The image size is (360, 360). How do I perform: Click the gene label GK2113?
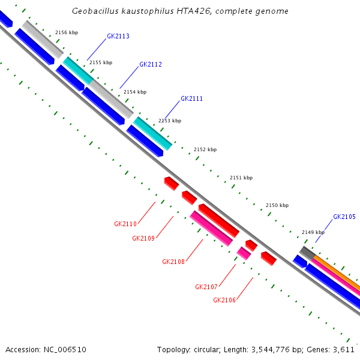click(x=118, y=36)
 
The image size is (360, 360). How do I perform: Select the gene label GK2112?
click(x=151, y=64)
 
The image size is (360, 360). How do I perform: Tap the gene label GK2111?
click(x=191, y=98)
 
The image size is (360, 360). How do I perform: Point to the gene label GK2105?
click(x=344, y=217)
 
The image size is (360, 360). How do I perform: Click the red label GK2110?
click(x=125, y=224)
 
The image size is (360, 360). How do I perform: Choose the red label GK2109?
click(x=143, y=238)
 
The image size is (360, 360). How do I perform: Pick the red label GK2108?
click(x=173, y=262)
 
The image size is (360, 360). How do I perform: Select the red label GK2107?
click(x=206, y=287)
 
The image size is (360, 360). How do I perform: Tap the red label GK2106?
click(x=224, y=300)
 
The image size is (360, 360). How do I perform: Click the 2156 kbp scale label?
click(x=67, y=32)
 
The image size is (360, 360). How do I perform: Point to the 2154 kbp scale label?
click(x=135, y=92)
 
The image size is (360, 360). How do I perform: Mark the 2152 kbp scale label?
click(x=205, y=149)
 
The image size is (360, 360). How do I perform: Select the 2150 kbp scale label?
click(x=277, y=205)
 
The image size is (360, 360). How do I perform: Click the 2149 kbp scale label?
click(x=313, y=232)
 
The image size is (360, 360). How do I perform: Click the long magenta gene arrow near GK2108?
click(x=211, y=229)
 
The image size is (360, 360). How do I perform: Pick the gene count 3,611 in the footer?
click(x=344, y=349)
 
